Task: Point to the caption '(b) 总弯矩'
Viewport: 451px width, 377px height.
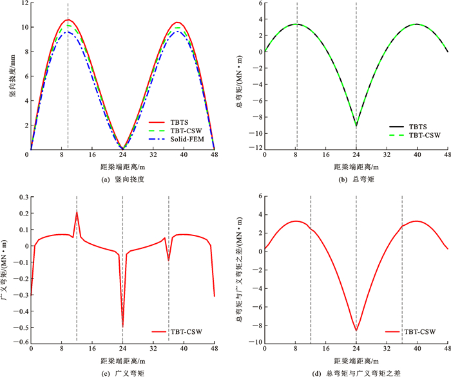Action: pos(356,179)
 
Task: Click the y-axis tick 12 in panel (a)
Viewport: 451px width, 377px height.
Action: pos(23,3)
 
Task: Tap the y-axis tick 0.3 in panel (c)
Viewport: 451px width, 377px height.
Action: pos(21,196)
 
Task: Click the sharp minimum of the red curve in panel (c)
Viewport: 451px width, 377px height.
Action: pos(122,326)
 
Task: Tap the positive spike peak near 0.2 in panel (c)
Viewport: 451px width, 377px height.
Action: pos(77,212)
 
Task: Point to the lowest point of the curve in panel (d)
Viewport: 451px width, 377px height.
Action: pos(356,331)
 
